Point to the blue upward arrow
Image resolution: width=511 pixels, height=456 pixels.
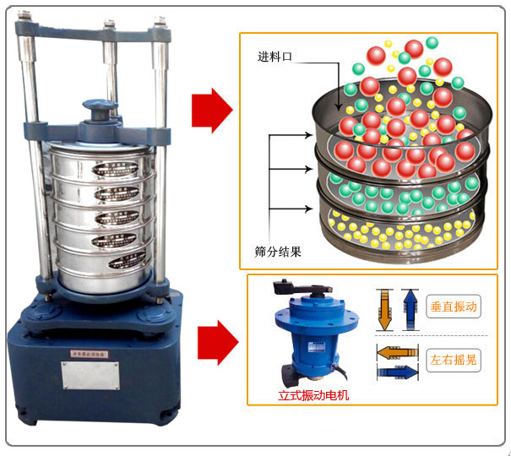(x=410, y=307)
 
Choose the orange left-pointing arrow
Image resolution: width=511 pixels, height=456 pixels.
(x=395, y=350)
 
